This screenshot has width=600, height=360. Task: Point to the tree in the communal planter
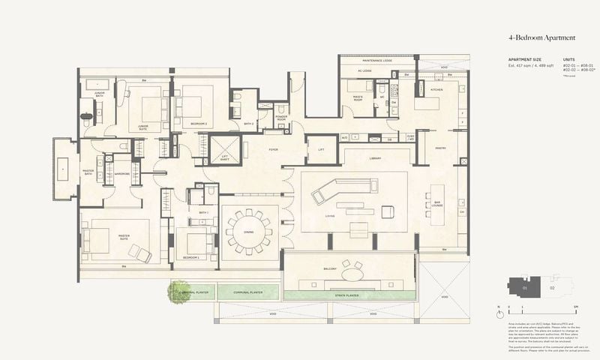point(180,291)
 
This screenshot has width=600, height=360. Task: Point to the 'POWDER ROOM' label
point(281,117)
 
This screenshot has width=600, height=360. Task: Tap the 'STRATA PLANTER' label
point(346,295)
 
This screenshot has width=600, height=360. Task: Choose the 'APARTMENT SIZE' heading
point(504,58)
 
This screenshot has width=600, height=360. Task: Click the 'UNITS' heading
point(568,58)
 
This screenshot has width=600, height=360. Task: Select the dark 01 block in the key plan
point(524,286)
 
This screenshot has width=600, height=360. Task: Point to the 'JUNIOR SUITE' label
point(142,127)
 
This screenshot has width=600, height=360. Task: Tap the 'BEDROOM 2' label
point(198,123)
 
